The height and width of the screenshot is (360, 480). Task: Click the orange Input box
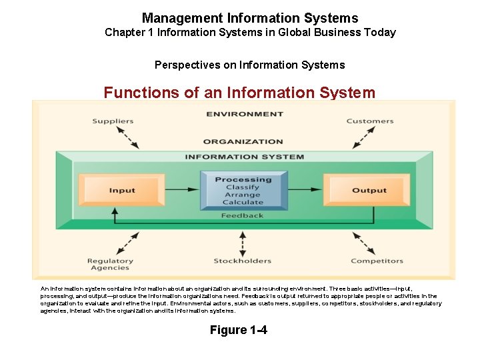[122, 191]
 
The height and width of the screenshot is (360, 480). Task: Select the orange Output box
[369, 191]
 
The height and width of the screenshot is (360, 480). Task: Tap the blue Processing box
[243, 190]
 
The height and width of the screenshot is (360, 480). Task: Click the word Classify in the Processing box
[243, 187]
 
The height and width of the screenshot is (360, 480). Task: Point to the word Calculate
[243, 203]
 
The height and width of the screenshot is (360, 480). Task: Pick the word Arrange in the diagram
[243, 195]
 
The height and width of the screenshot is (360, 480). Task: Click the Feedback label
[243, 215]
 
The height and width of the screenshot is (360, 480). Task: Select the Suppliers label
[113, 121]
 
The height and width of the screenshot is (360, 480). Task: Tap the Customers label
[369, 121]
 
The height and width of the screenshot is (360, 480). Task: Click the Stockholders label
[243, 261]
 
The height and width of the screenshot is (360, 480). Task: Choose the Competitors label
[377, 261]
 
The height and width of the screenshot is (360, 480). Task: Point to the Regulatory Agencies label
[110, 265]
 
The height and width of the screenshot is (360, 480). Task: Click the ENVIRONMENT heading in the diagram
[245, 114]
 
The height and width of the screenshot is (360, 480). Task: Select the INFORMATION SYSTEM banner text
[244, 157]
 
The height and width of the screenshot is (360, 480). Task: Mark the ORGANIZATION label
[243, 141]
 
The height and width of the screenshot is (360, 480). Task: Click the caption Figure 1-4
[238, 330]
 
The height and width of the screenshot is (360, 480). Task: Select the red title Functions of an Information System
[239, 93]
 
